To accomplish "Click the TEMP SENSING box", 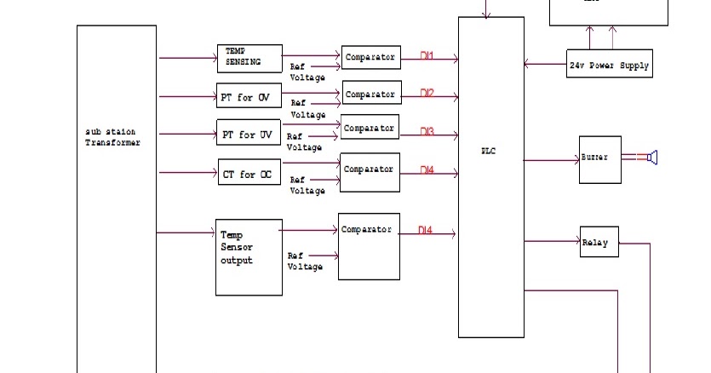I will [249, 58].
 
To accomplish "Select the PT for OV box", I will [249, 97].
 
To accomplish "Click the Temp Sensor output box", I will [249, 257].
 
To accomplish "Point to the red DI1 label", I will [427, 56].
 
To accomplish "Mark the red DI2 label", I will [427, 93].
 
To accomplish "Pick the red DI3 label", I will [427, 131].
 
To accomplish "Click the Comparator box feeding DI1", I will [370, 58].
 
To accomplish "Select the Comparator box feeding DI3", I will [370, 129].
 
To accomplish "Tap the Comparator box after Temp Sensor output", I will [369, 245].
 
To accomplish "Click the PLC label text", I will [490, 151].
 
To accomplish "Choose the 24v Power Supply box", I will [610, 64].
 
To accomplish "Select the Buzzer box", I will [594, 159].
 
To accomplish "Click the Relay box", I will [595, 242].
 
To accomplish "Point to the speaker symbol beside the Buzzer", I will [652, 157].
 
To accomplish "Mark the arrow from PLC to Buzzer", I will [551, 159].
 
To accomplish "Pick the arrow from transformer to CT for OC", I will [187, 174].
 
